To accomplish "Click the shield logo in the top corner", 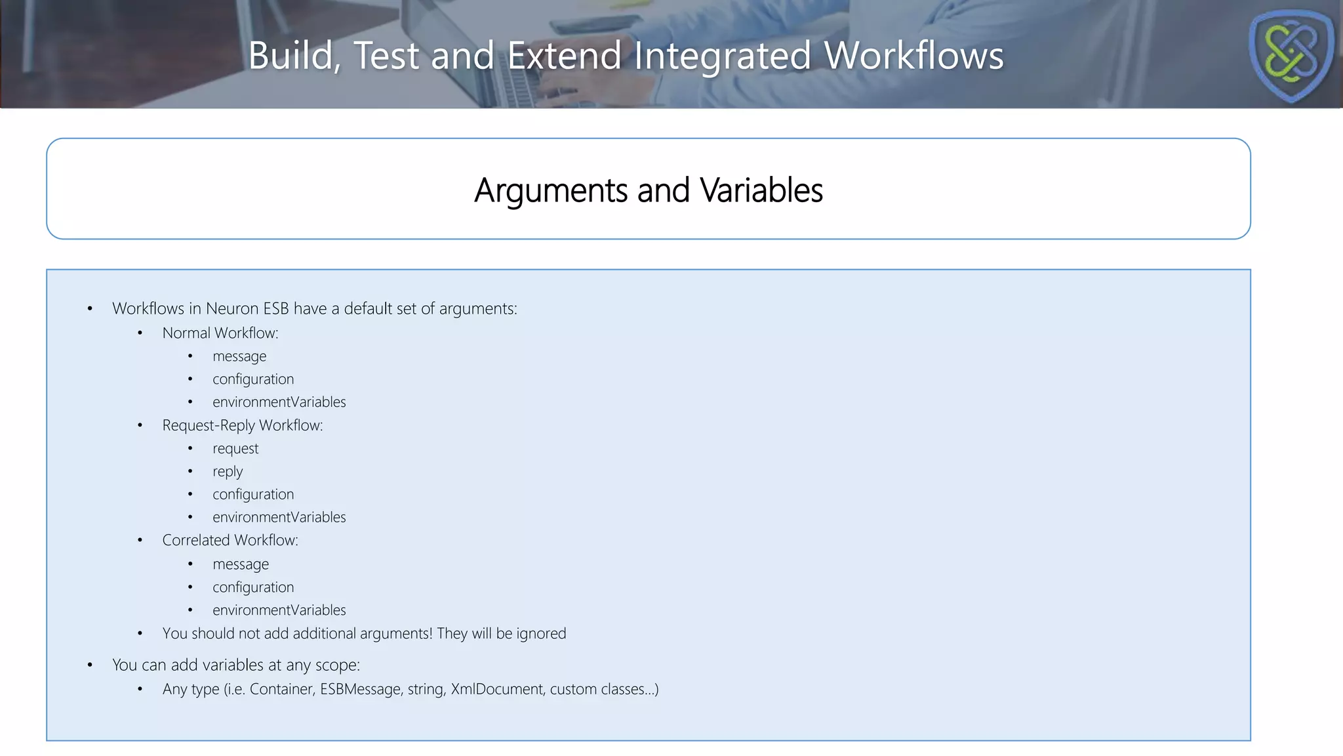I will pyautogui.click(x=1291, y=55).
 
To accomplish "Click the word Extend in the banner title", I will pyautogui.click(x=564, y=55).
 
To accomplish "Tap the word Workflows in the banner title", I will pyautogui.click(x=913, y=55).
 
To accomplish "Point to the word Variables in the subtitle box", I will pyautogui.click(x=761, y=190).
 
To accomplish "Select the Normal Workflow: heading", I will pyautogui.click(x=220, y=333).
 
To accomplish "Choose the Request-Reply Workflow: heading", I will pyautogui.click(x=243, y=425).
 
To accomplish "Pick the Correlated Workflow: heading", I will pyautogui.click(x=230, y=540).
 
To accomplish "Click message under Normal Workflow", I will pyautogui.click(x=239, y=356).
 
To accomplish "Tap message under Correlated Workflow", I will pyautogui.click(x=241, y=564).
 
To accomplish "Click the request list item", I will pyautogui.click(x=235, y=449).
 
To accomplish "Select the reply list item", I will pyautogui.click(x=228, y=472).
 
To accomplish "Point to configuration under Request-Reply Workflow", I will pyautogui.click(x=253, y=494).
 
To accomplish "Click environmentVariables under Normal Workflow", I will pyautogui.click(x=279, y=402).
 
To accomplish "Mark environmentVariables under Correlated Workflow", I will pyautogui.click(x=279, y=610).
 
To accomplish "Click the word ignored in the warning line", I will pyautogui.click(x=541, y=634).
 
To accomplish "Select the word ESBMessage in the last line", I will pyautogui.click(x=360, y=689).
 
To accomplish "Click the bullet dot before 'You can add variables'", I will pyautogui.click(x=90, y=665).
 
